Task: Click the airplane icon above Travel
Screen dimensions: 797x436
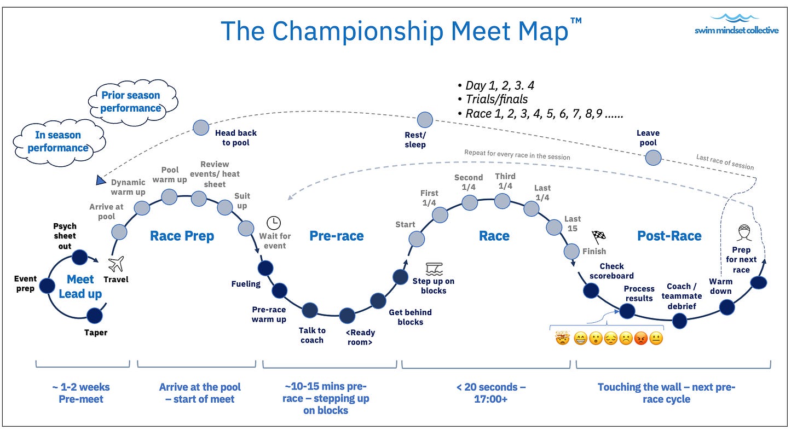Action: [116, 264]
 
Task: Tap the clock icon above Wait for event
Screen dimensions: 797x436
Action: [274, 223]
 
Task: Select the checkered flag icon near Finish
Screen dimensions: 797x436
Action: [599, 236]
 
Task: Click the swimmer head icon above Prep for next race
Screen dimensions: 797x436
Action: [744, 233]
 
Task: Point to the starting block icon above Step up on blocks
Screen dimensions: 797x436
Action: [434, 269]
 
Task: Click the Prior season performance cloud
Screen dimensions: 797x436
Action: [132, 102]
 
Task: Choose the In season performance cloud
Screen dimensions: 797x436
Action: [59, 142]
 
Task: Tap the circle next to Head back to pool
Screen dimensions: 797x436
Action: [201, 127]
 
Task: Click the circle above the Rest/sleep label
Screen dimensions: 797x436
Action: [425, 120]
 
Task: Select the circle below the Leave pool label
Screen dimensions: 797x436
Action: [653, 158]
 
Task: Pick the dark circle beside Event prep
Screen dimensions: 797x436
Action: [47, 286]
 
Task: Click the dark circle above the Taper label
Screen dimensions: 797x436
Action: [94, 316]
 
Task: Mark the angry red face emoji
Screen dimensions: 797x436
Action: [641, 338]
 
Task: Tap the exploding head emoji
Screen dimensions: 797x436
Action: [563, 338]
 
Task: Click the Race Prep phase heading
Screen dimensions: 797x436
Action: [182, 236]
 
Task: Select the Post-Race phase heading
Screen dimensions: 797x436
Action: [669, 236]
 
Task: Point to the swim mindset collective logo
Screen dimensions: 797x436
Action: [737, 24]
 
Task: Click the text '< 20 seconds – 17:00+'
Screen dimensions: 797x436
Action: [491, 393]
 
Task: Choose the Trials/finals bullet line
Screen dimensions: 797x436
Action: [493, 99]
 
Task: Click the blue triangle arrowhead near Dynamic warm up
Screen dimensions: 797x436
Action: [101, 181]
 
